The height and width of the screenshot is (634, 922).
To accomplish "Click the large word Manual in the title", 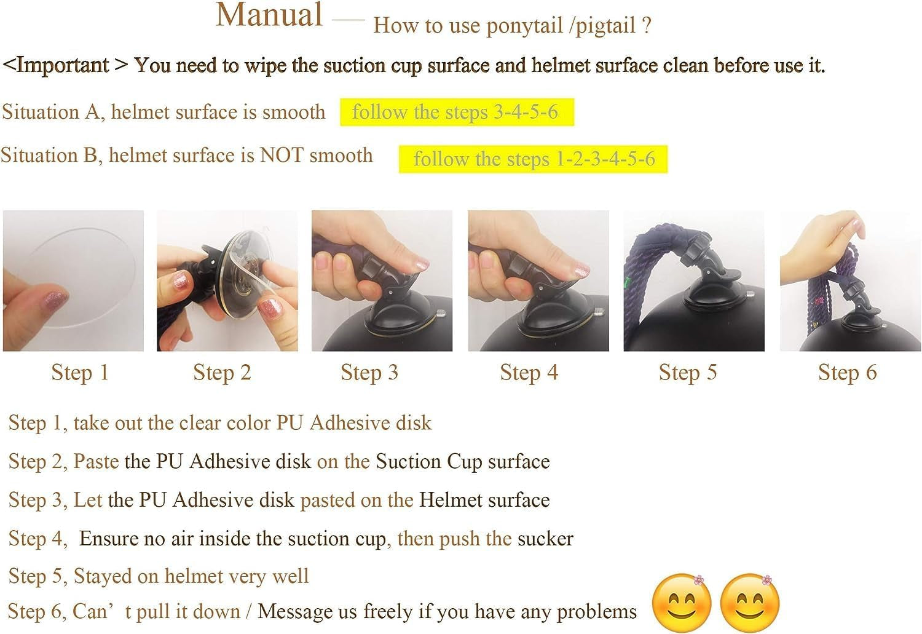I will tap(269, 15).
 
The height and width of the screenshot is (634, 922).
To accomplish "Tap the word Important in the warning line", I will tap(62, 65).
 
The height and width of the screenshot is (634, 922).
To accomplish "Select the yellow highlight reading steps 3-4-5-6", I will tap(457, 112).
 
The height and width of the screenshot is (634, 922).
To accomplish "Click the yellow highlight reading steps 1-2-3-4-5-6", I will tap(533, 159).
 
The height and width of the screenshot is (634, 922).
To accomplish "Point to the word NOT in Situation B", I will tap(282, 155).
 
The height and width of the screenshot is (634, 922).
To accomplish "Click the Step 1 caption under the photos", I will tap(80, 372).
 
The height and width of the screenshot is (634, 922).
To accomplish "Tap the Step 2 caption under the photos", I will tap(222, 372).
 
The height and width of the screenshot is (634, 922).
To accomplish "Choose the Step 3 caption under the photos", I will tap(369, 372).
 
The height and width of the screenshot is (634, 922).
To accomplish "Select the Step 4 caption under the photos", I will tap(529, 372).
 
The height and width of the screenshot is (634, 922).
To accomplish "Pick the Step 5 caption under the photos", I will tap(688, 372).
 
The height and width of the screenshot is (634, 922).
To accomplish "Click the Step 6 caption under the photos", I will tap(847, 372).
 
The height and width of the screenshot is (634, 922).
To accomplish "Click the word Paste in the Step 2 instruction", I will tap(96, 461).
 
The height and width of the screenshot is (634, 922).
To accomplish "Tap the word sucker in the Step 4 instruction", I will tap(545, 539).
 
